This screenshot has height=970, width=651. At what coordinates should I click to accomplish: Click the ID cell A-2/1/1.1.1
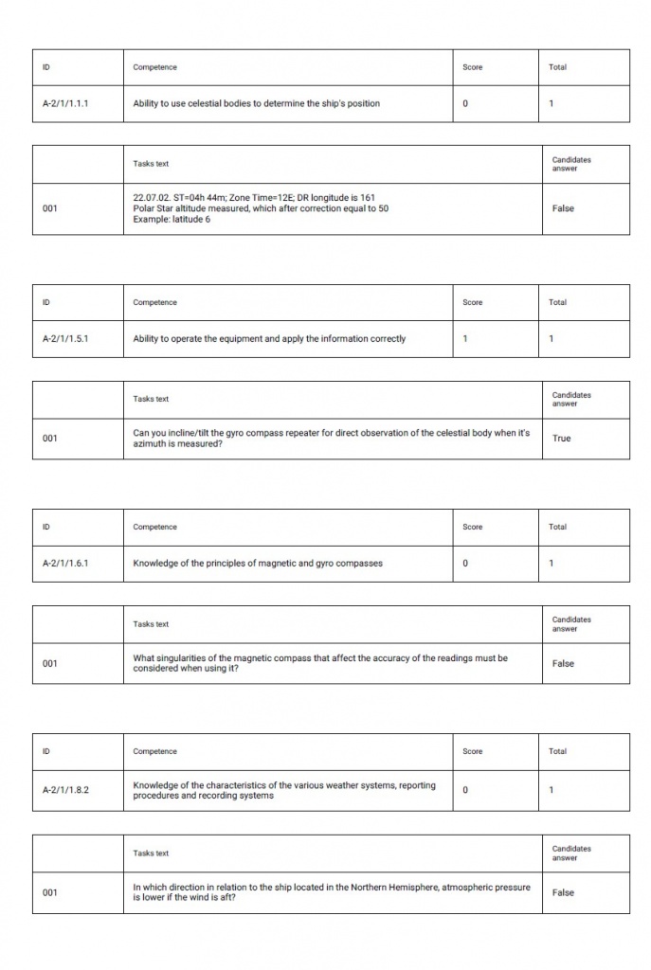[65, 103]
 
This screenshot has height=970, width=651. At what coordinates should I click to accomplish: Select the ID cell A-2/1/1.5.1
[65, 338]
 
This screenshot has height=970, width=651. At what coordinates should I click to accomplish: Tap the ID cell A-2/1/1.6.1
[65, 563]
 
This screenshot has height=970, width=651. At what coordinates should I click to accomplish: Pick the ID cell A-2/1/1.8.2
[65, 790]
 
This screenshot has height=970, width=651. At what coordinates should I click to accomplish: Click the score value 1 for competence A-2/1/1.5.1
[465, 338]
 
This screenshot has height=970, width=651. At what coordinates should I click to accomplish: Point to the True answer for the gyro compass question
[562, 438]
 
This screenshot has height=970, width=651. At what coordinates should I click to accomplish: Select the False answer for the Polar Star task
[563, 208]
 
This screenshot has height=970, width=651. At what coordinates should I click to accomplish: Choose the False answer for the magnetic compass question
[563, 663]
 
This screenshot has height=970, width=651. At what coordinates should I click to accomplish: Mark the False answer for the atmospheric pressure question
[563, 892]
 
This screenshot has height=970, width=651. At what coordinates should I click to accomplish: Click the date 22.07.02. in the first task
[152, 197]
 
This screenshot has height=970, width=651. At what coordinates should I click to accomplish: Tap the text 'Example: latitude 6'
[172, 220]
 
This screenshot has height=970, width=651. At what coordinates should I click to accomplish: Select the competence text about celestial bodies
[256, 103]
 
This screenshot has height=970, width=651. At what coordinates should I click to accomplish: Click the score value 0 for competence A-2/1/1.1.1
[465, 103]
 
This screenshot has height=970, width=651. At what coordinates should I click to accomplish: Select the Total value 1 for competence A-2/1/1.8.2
[552, 790]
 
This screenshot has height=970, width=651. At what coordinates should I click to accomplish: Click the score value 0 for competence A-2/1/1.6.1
[465, 563]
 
